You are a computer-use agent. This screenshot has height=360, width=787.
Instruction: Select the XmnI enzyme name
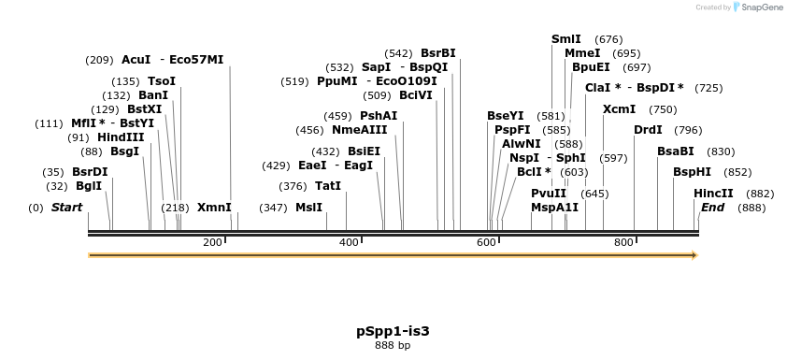(214, 208)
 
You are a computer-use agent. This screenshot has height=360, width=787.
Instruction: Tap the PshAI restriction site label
(379, 116)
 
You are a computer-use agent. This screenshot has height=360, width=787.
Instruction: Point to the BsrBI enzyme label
(438, 53)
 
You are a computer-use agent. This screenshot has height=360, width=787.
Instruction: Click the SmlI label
(566, 39)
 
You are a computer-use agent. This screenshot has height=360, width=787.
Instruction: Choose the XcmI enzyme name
(620, 109)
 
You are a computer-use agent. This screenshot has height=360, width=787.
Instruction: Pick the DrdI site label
(648, 130)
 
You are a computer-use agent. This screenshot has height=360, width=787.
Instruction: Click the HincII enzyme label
(713, 194)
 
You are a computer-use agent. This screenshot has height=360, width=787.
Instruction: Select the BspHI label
(693, 172)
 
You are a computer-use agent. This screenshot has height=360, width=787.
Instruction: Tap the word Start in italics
(66, 208)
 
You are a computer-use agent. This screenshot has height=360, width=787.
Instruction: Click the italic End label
(712, 208)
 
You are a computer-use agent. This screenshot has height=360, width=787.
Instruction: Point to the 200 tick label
(212, 243)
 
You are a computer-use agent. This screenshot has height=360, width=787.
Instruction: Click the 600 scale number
(486, 243)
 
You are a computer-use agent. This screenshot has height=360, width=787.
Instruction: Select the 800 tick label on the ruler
(623, 243)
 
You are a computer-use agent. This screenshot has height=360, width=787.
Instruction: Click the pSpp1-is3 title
(393, 331)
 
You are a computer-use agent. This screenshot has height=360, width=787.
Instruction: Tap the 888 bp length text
(393, 346)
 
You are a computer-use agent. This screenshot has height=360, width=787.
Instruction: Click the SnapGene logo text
(762, 7)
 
